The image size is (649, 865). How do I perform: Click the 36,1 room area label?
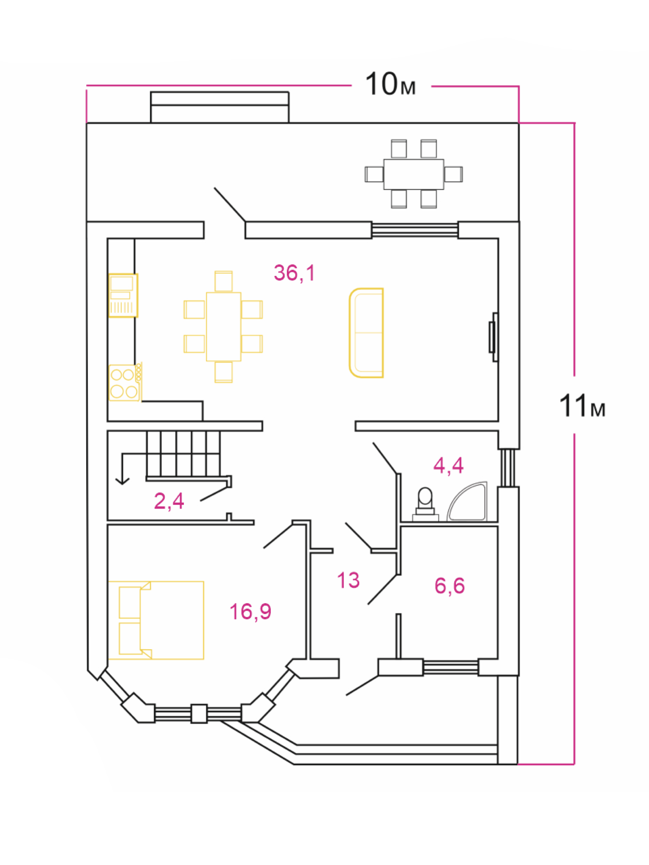click(295, 273)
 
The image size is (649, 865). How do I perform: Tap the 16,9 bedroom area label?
click(250, 612)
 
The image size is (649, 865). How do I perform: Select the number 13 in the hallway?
click(348, 580)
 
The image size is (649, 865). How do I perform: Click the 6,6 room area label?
click(450, 586)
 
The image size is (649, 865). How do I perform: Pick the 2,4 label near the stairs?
click(169, 501)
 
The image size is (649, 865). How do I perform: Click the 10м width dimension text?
click(390, 84)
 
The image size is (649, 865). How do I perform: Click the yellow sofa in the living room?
click(366, 333)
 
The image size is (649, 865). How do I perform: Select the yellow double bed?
click(156, 620)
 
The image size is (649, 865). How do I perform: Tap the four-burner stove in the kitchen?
click(125, 383)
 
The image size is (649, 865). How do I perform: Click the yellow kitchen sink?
click(123, 295)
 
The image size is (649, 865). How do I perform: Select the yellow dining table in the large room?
click(224, 326)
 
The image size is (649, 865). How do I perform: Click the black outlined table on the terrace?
click(414, 174)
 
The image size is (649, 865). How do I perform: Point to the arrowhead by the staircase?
click(123, 481)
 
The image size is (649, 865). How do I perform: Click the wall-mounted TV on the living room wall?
click(493, 337)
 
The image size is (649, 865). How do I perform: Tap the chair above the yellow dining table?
click(224, 281)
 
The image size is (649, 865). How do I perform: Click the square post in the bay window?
click(199, 713)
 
